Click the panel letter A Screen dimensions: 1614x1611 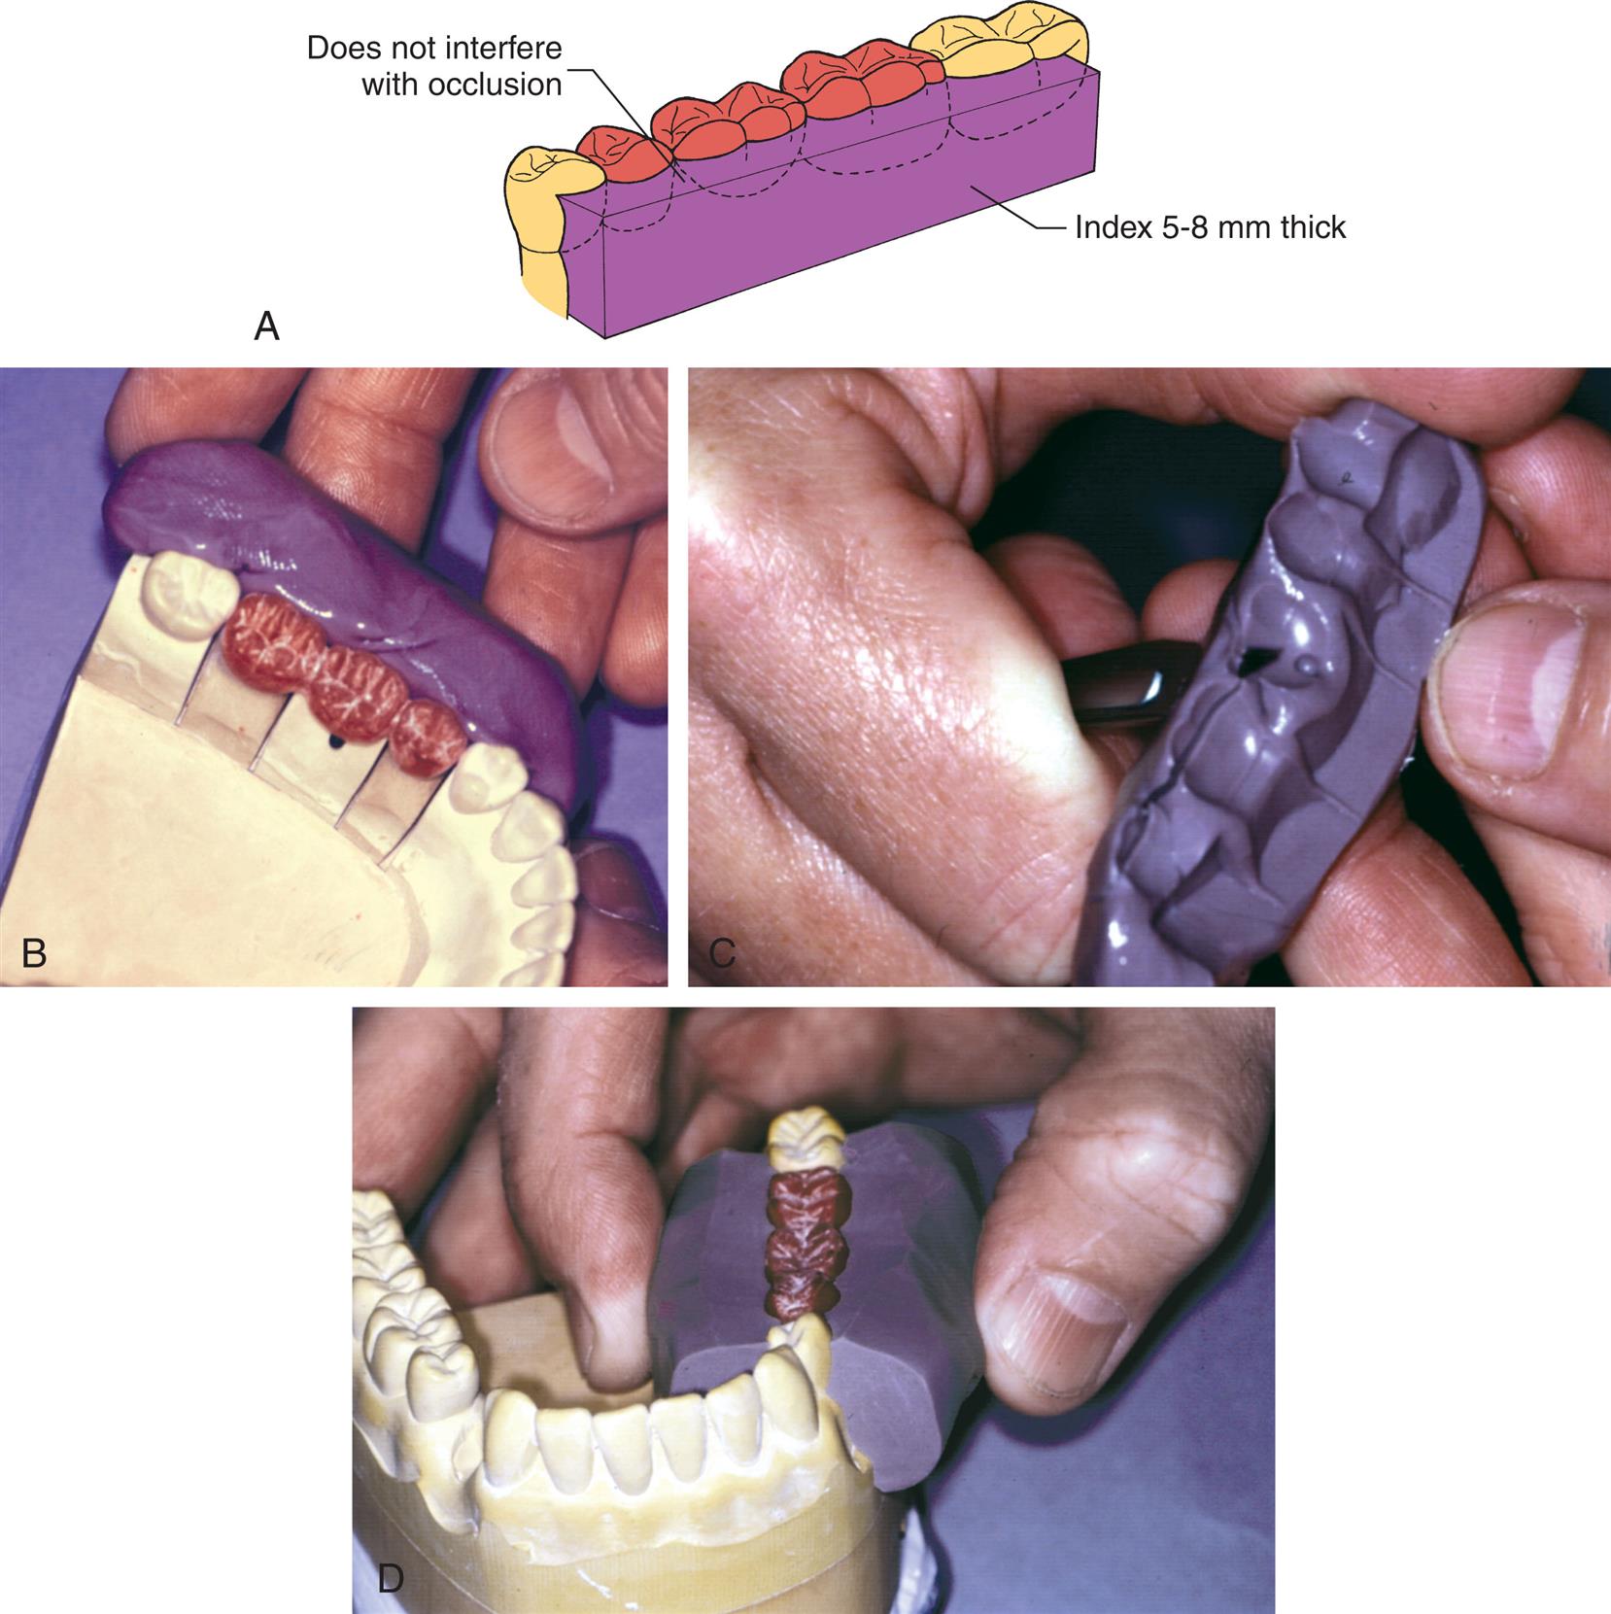coord(266,326)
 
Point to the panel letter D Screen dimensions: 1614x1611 coord(390,1578)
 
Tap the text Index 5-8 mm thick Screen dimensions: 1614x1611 coord(1210,227)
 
